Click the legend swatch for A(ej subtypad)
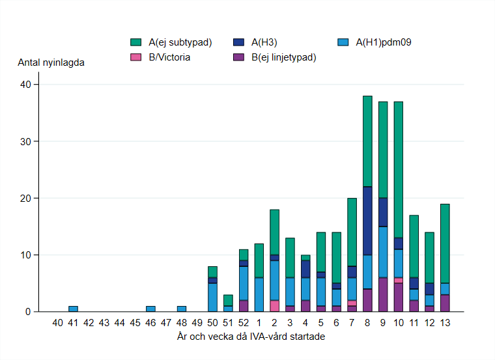click(135, 43)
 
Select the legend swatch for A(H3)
click(239, 43)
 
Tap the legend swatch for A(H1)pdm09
click(343, 43)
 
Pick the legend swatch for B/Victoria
click(135, 57)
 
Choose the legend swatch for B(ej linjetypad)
click(239, 57)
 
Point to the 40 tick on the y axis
click(27, 85)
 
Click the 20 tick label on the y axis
click(27, 198)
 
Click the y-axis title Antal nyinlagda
click(51, 63)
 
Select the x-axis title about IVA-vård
click(251, 337)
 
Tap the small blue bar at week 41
click(73, 309)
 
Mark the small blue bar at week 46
click(150, 309)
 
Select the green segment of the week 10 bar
click(399, 169)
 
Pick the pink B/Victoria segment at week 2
click(274, 306)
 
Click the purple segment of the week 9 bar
click(383, 294)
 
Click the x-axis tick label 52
click(244, 322)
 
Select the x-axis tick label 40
click(57, 322)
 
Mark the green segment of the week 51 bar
click(228, 300)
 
